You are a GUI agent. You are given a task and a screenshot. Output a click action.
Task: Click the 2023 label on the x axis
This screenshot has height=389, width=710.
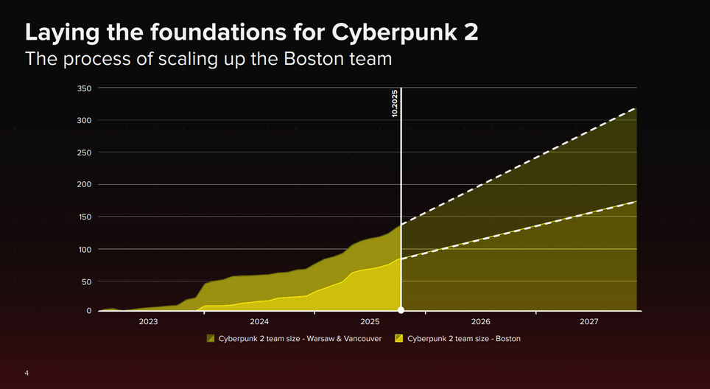point(148,322)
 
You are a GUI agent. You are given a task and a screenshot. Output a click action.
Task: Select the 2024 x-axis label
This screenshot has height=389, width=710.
point(259,322)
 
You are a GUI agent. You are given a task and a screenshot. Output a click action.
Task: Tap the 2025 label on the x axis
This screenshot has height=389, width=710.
point(370,322)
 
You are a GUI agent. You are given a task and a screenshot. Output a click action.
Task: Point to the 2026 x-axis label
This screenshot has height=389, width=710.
point(480,322)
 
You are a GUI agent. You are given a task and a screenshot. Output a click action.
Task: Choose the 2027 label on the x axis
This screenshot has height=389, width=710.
point(589,322)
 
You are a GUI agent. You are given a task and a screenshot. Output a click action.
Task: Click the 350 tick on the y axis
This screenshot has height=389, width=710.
point(83,88)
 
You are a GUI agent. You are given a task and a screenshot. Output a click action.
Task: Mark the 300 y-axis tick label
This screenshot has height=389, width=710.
point(83,121)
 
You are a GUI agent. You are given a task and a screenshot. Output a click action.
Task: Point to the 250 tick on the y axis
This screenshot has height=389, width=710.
point(83,153)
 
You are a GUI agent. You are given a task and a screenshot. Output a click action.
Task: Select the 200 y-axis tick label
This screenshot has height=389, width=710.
point(83,185)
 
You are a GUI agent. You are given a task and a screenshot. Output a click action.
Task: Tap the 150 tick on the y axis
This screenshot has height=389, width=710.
point(83,217)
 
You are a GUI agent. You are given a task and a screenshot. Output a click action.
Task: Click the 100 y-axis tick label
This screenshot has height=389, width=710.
point(83,249)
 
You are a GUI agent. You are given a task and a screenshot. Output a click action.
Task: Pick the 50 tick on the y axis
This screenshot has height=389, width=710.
point(85,281)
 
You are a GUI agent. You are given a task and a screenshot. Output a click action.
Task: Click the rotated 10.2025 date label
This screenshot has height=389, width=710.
point(395,104)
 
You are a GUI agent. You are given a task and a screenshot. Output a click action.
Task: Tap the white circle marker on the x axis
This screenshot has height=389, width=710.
point(401,310)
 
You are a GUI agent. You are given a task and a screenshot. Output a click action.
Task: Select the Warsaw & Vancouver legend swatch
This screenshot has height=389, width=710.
point(211,339)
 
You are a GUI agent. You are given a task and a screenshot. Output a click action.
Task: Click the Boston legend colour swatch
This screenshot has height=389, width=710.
point(400,339)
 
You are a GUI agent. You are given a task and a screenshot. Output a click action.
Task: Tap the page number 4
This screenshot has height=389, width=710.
point(27,374)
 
